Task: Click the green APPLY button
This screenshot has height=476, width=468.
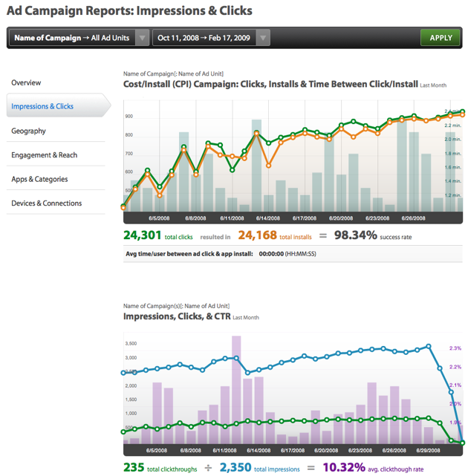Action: click(x=441, y=38)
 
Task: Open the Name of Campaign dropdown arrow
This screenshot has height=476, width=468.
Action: click(x=142, y=38)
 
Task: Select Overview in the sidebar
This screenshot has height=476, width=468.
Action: click(x=26, y=82)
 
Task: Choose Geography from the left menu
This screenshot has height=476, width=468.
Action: click(x=28, y=131)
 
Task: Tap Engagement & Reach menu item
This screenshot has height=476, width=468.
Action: click(x=44, y=155)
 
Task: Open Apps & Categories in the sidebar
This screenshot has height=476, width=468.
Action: click(x=39, y=179)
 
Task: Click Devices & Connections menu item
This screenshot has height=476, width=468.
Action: click(x=46, y=203)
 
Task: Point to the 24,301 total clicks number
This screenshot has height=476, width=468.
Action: click(x=142, y=235)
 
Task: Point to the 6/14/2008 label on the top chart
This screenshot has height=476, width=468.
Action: click(x=267, y=218)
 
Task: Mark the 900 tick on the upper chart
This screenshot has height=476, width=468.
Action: click(x=129, y=117)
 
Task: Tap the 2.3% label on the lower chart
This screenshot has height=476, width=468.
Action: click(x=455, y=348)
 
